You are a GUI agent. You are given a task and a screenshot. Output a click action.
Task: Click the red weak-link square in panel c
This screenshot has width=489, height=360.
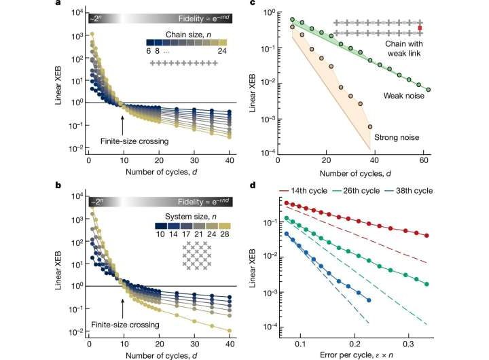[x=420, y=28]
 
